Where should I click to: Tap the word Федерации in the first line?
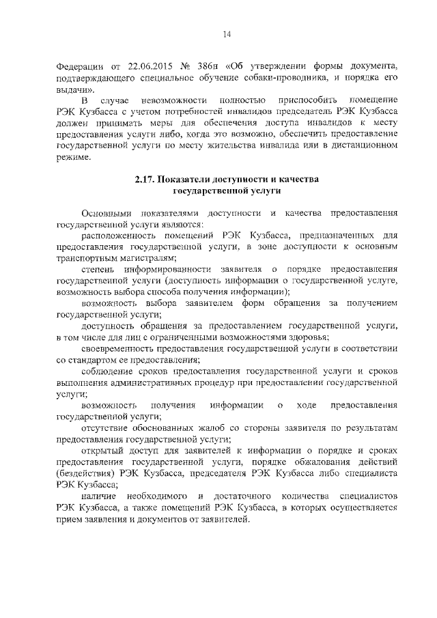(79, 66)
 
